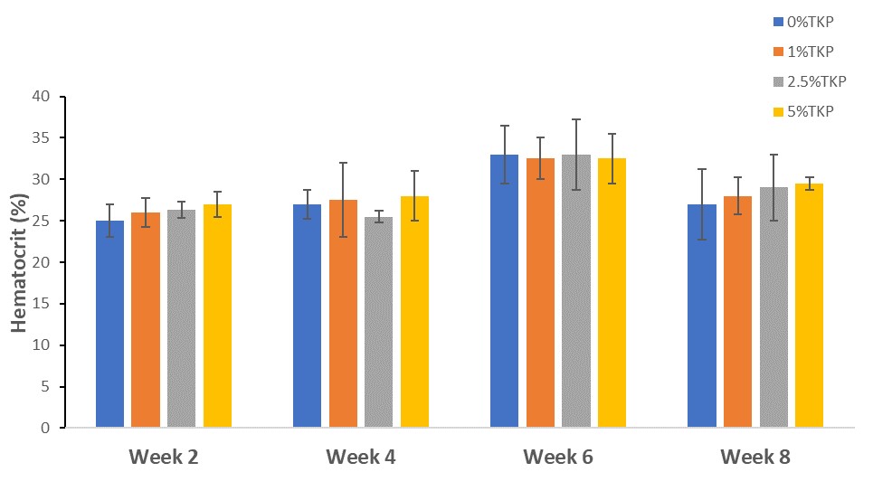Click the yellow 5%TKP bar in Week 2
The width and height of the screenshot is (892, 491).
[x=217, y=316]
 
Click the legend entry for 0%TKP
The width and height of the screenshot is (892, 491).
[x=813, y=21]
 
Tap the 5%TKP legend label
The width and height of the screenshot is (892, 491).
[x=813, y=111]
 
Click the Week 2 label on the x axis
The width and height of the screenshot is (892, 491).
[x=164, y=458]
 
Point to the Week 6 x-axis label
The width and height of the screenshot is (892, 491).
[x=558, y=458]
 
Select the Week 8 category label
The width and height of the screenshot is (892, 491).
[x=755, y=458]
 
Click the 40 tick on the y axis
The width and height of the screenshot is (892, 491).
[x=43, y=97]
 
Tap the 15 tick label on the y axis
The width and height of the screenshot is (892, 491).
[x=43, y=305]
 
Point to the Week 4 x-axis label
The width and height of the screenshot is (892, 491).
[x=361, y=458]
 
